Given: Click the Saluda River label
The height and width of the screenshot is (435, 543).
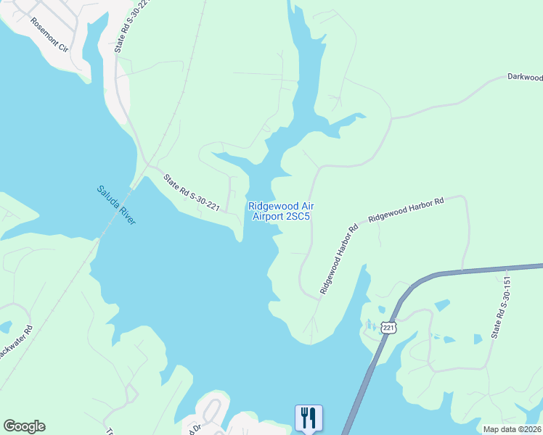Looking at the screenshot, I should (x=115, y=205).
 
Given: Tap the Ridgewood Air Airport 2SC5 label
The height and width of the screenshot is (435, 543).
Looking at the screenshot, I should (x=281, y=211).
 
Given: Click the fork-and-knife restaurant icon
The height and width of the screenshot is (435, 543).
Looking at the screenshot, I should (x=309, y=417).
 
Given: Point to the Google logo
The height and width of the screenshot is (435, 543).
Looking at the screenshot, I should (x=24, y=426).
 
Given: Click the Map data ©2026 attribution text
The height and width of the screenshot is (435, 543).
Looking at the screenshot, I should (x=512, y=429).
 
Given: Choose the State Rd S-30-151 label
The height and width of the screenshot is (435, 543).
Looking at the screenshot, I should (x=498, y=307).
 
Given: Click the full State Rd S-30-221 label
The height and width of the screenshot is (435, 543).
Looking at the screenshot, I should (x=191, y=193).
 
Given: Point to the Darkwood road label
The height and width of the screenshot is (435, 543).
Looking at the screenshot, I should (x=525, y=77).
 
